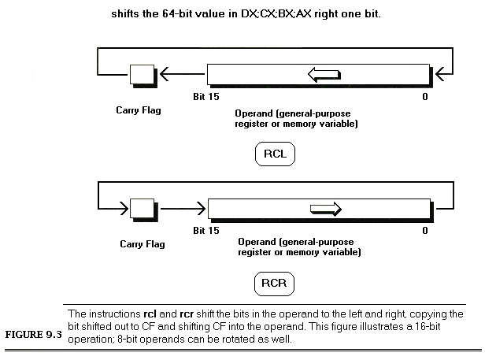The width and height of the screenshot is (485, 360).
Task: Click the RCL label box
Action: coord(275,154)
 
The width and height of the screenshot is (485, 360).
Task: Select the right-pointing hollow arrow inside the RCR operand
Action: coord(325,209)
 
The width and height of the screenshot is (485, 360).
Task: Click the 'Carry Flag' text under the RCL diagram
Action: coord(139,110)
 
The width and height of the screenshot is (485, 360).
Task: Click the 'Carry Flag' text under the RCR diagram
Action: coord(143,244)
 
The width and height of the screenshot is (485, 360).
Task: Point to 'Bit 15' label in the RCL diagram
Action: coord(206,97)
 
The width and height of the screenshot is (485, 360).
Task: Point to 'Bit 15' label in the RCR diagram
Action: coord(206,231)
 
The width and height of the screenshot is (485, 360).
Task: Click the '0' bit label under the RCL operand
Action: coord(425,97)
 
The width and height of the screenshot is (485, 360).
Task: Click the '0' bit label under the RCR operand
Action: coord(425,231)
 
